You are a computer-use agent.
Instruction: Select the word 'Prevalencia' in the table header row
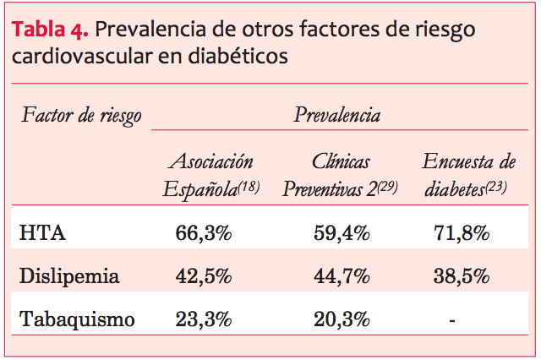coord(336,115)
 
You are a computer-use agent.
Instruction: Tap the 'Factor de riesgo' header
coord(81,115)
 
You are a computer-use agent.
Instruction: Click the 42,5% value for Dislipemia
coord(203,276)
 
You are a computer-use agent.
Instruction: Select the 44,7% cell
coord(340,276)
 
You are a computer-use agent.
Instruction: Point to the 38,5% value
coord(462,276)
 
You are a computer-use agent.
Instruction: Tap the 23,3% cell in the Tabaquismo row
coord(203,319)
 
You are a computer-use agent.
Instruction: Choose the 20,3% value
coord(340,319)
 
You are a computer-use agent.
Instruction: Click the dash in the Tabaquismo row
coord(453,319)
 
